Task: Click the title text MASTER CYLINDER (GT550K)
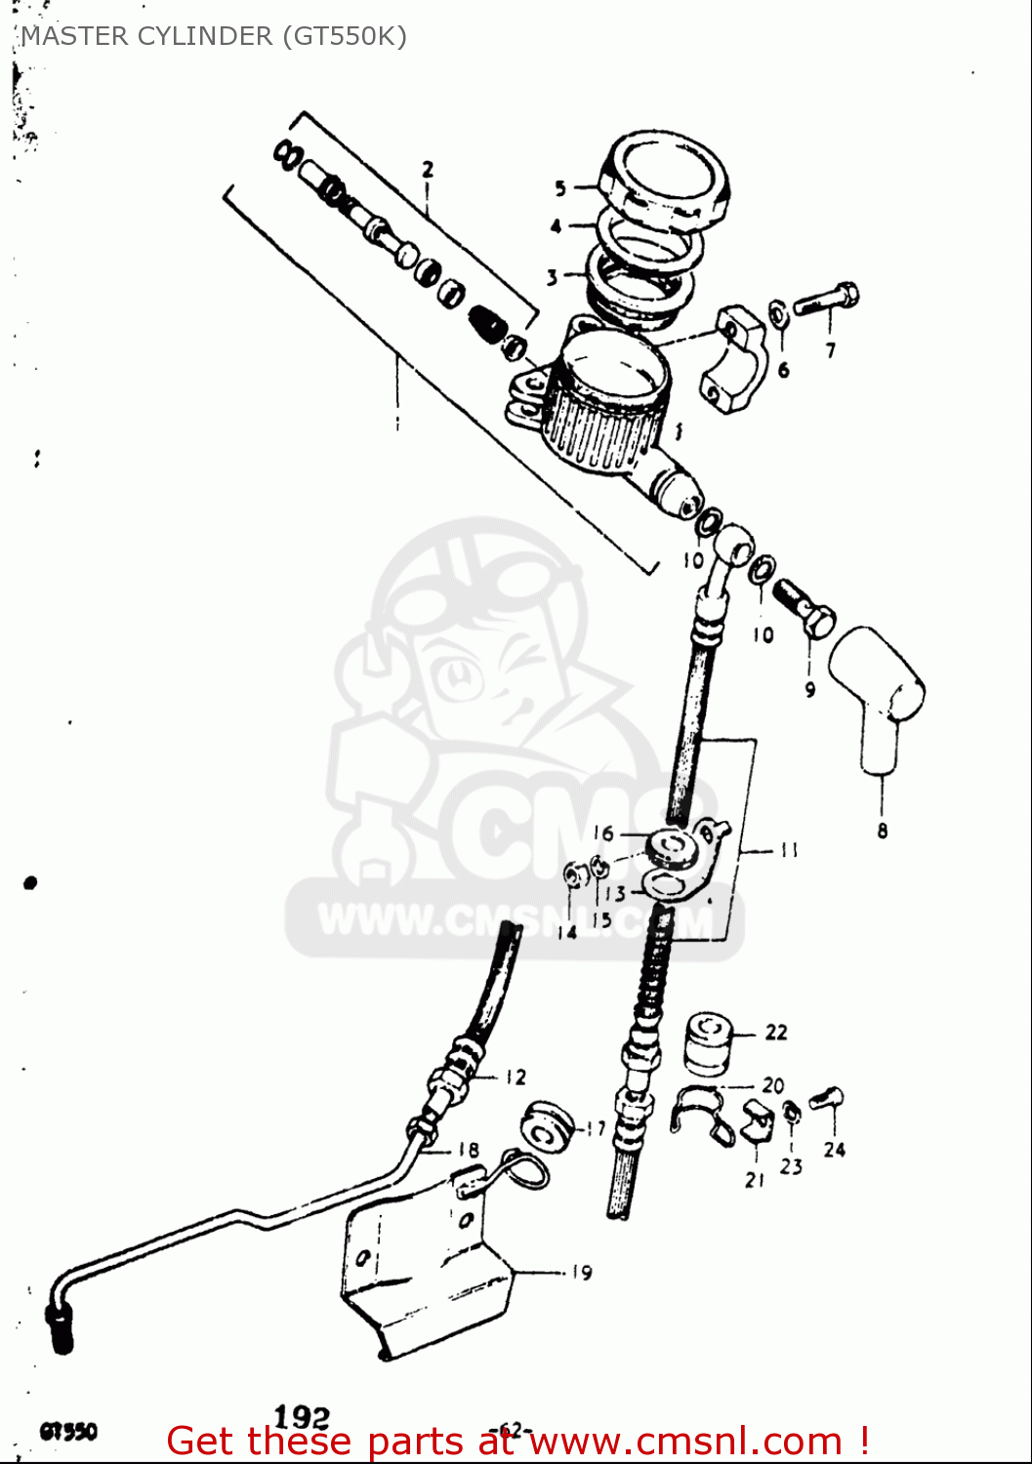point(213,36)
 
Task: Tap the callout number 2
point(428,170)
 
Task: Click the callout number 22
point(776,1032)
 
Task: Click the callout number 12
point(516,1077)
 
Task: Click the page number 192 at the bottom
point(302,1417)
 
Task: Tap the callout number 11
point(789,850)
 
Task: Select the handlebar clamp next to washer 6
point(731,360)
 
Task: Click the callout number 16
point(603,833)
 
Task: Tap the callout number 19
point(581,1273)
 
